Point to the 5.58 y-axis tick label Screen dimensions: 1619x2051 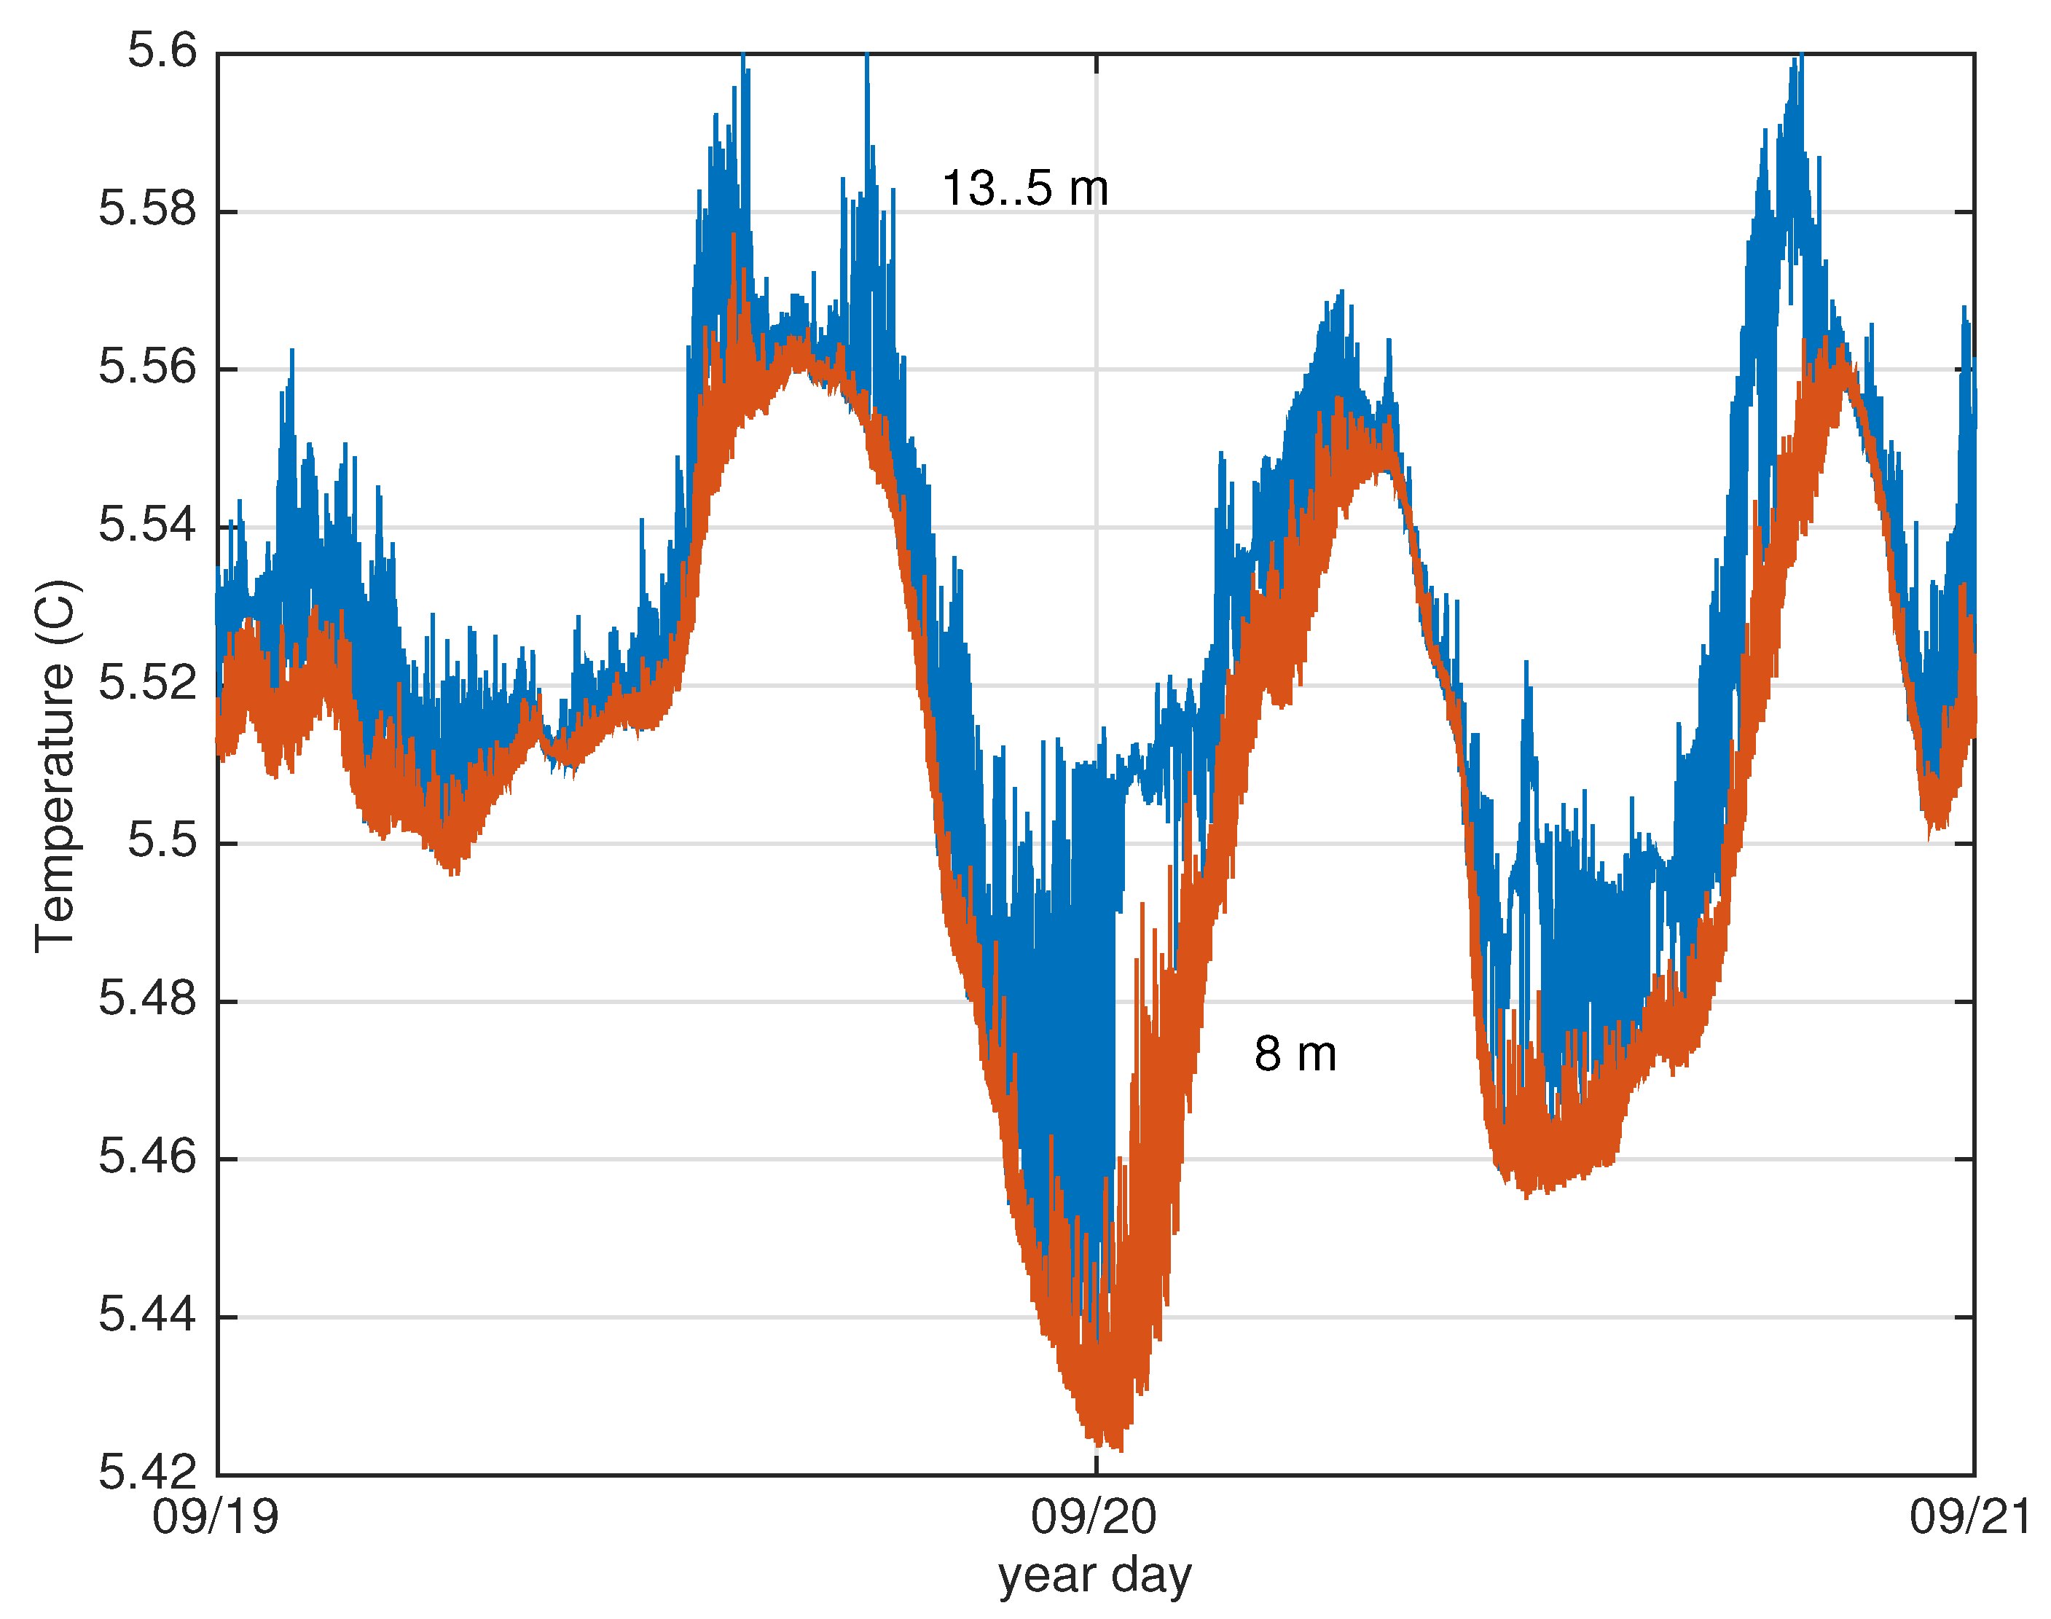point(148,210)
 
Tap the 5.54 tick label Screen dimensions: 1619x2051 point(148,525)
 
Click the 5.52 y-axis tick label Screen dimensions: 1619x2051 point(148,683)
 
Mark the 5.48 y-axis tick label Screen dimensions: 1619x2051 point(148,999)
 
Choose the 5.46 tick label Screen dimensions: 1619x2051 point(148,1157)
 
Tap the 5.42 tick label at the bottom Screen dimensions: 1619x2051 point(148,1473)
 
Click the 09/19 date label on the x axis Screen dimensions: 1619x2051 point(216,1518)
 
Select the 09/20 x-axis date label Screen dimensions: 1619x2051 point(1094,1518)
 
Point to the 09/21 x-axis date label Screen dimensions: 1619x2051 point(1972,1518)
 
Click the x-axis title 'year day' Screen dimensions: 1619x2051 point(1094,1576)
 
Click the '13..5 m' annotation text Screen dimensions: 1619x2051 point(1024,189)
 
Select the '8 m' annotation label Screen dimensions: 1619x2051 point(1295,1054)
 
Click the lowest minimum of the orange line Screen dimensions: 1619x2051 point(1121,1450)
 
